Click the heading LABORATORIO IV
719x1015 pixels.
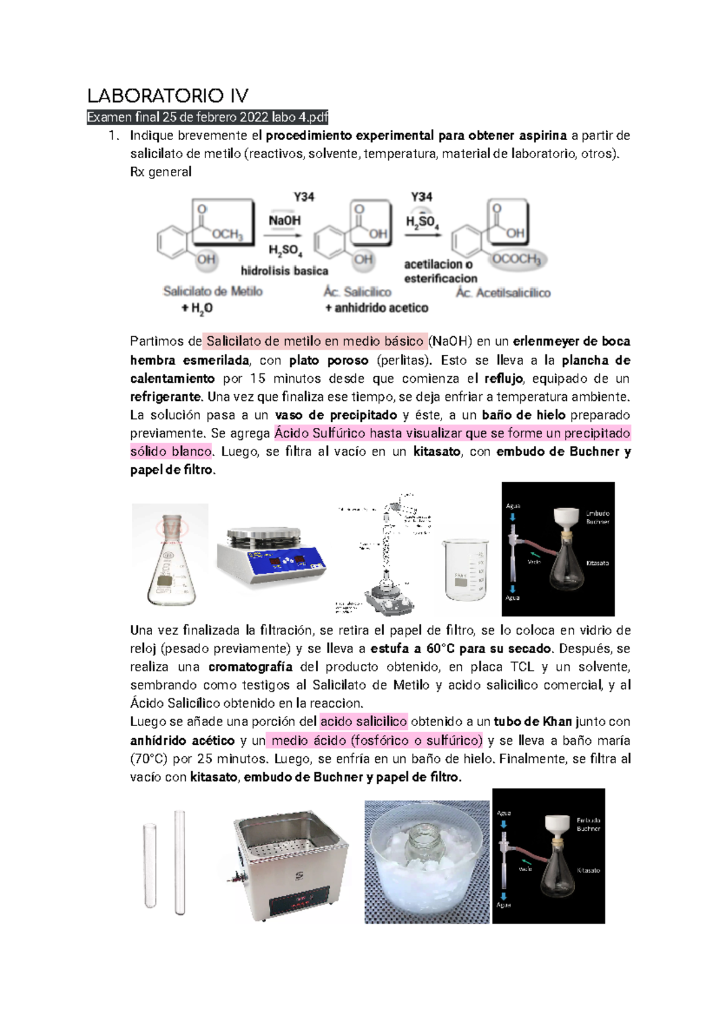(168, 96)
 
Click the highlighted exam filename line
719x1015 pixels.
(207, 117)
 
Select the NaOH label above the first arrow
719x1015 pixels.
(285, 220)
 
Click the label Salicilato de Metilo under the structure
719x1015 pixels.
(213, 291)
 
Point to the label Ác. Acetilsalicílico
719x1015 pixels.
(503, 293)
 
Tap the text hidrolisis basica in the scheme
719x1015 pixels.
(285, 271)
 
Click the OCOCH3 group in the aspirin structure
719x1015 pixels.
(516, 259)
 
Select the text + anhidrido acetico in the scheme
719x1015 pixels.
(377, 308)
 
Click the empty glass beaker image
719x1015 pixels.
(466, 569)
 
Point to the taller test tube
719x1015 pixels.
(179, 863)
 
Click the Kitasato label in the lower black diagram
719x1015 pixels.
(588, 870)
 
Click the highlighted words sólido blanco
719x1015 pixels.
(171, 451)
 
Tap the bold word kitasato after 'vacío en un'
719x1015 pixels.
(437, 451)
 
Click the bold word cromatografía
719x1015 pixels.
(250, 667)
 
